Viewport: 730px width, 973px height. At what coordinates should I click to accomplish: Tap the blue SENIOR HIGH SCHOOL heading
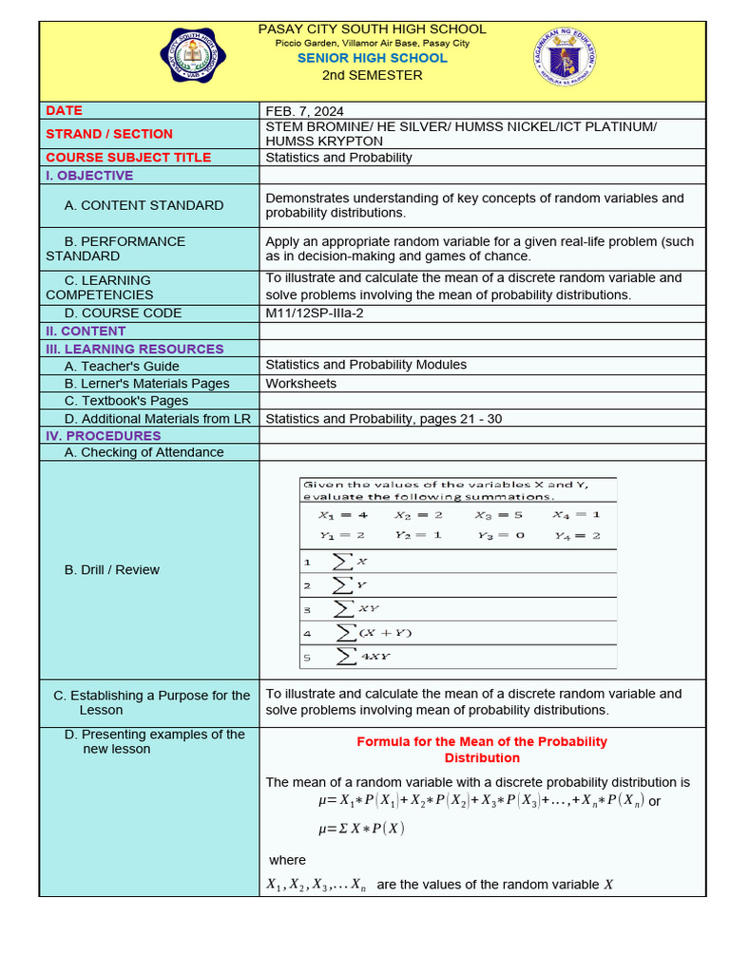(x=372, y=58)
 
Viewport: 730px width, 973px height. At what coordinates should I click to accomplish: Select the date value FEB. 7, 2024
(x=304, y=110)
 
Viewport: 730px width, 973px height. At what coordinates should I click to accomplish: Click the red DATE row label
(x=64, y=110)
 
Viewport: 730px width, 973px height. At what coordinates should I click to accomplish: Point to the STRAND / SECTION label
(x=109, y=134)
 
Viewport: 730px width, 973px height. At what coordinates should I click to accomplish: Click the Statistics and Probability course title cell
(x=338, y=158)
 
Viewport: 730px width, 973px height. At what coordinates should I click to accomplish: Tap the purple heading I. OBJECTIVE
(x=89, y=176)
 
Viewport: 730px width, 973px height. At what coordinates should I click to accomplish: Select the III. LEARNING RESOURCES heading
(x=134, y=349)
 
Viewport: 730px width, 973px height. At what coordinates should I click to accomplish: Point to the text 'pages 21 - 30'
(x=461, y=418)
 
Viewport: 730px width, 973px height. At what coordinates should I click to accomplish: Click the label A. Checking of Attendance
(x=144, y=452)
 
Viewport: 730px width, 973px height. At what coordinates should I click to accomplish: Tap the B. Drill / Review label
(x=111, y=570)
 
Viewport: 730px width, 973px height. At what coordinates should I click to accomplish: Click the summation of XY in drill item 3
(x=356, y=608)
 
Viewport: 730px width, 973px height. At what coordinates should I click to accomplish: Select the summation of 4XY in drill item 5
(x=361, y=656)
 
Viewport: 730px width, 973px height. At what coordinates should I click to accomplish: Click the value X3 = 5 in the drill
(x=499, y=515)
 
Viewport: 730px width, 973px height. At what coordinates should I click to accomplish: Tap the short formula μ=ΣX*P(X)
(x=361, y=829)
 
